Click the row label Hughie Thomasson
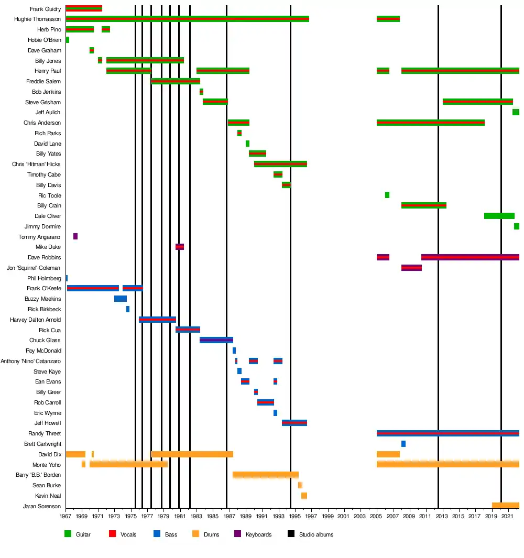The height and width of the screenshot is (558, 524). pos(37,19)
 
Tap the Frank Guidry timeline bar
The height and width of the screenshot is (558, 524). pos(84,8)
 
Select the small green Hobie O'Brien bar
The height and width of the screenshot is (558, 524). pos(68,40)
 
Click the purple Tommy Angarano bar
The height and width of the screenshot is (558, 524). pos(75,236)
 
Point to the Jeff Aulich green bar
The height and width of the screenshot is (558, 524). pos(516,112)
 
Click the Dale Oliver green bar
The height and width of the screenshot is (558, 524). pos(499,216)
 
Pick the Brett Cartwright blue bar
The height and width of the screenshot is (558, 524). pos(403,444)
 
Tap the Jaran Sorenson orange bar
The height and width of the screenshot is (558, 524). pos(505,506)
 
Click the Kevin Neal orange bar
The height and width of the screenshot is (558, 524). pos(304,496)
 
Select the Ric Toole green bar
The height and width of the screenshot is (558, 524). pos(387,195)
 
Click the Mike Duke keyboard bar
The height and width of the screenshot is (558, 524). pos(180,247)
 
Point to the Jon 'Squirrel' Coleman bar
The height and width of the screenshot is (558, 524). pos(411,268)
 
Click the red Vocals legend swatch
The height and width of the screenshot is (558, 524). pos(112,534)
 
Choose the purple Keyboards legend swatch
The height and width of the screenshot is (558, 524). pos(237,534)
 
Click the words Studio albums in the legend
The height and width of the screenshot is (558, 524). pos(316,534)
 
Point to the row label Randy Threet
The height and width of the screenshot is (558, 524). pos(45,434)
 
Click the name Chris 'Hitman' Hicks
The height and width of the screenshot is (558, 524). pos(36,165)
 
